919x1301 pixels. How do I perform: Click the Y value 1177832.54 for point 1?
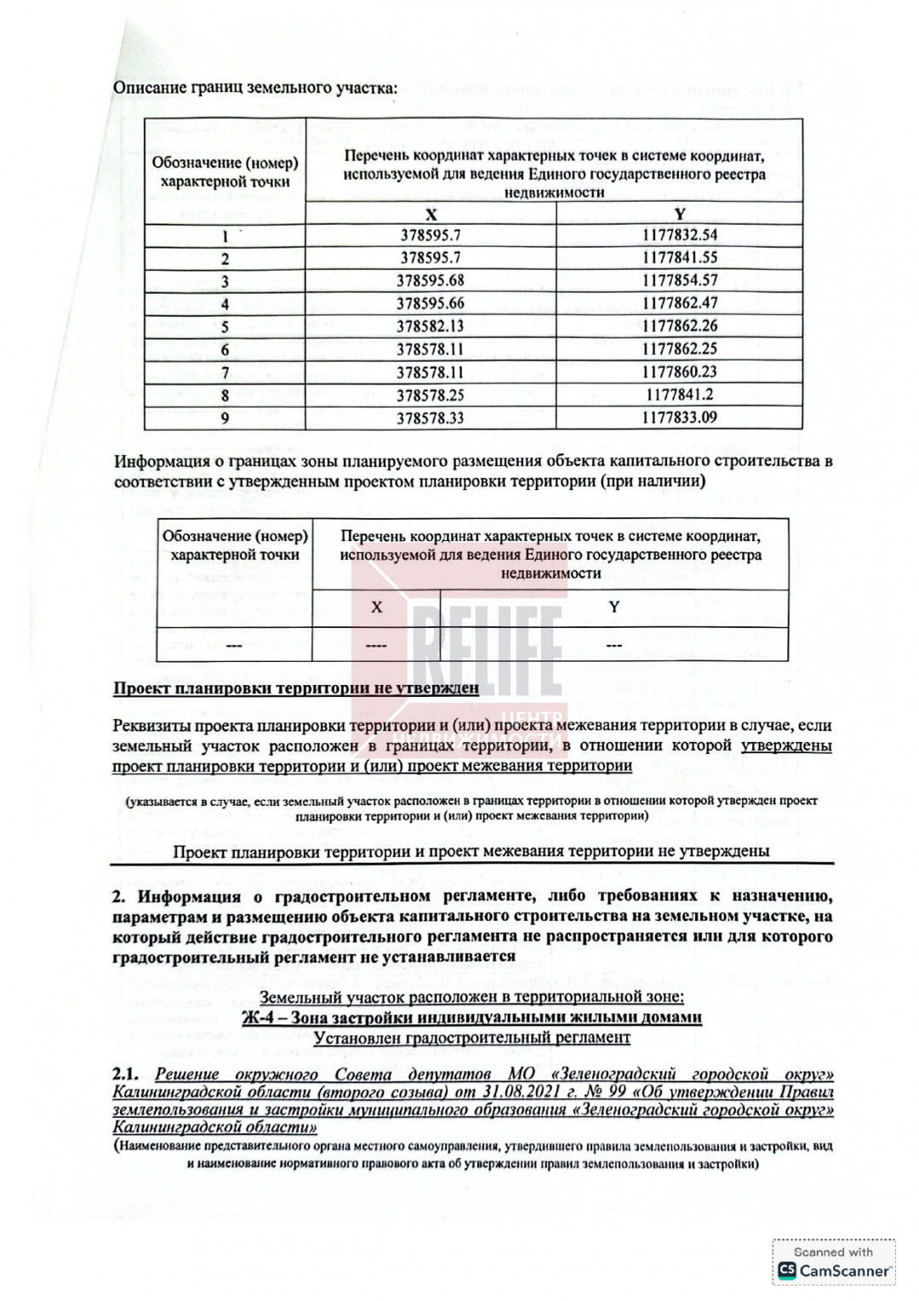679,236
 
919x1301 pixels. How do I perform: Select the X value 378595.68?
431,281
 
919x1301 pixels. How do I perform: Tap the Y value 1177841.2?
679,395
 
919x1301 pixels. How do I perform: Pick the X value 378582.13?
431,327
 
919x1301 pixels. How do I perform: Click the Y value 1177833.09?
679,418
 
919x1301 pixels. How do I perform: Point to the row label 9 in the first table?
225,418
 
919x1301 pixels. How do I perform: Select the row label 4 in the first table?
225,304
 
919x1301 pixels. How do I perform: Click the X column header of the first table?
431,214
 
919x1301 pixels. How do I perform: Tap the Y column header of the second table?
614,607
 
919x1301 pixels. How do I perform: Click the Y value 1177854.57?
679,281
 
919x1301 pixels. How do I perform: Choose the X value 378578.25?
431,395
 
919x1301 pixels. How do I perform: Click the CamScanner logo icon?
787,1270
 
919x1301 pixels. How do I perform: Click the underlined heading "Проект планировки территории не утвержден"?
295,688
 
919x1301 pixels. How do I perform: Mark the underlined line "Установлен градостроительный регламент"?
471,1038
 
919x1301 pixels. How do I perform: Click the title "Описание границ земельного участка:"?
255,88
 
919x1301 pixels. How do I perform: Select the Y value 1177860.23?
679,372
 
